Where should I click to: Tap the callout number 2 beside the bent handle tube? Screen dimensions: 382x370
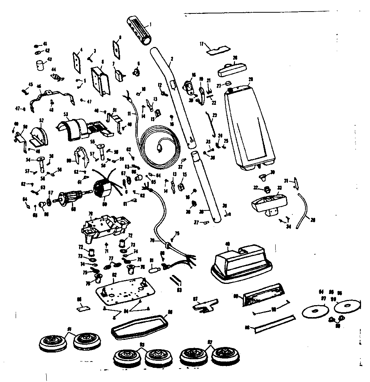(172, 59)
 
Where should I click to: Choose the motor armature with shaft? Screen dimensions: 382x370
(71, 200)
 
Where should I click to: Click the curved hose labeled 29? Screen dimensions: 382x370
(304, 213)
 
